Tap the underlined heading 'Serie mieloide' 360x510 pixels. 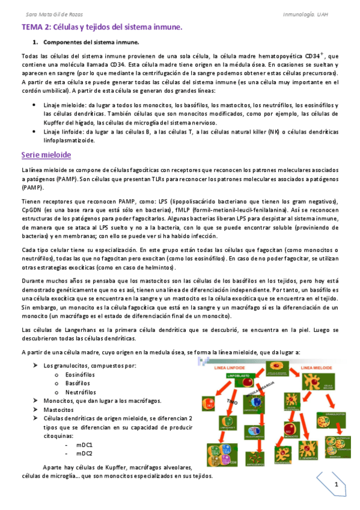pyautogui.click(x=46, y=155)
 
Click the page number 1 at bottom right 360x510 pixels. pyautogui.click(x=337, y=485)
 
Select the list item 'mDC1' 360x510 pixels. pyautogui.click(x=84, y=444)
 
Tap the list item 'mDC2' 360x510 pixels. pyautogui.click(x=84, y=453)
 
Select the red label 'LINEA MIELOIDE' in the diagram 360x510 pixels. pyautogui.click(x=316, y=366)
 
